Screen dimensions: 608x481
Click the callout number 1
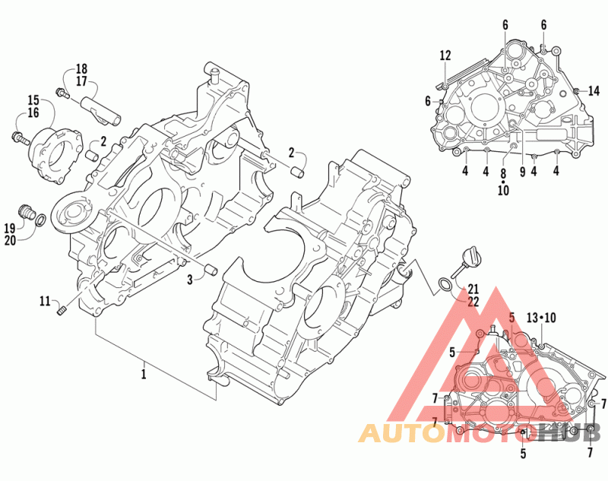[x=144, y=374]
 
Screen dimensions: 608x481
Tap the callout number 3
[x=190, y=280]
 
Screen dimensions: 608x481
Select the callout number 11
[x=46, y=301]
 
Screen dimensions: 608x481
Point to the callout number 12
[x=445, y=55]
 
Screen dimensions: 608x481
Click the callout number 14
[x=594, y=91]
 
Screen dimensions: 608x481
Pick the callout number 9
[x=522, y=171]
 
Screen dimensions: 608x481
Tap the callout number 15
[x=33, y=100]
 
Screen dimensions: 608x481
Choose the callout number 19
[x=10, y=228]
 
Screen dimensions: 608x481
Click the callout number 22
[x=473, y=302]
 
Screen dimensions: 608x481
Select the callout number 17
[x=81, y=82]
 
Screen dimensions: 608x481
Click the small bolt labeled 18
[x=62, y=92]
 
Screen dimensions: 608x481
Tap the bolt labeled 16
[x=21, y=138]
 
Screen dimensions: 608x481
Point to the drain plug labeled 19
[x=27, y=211]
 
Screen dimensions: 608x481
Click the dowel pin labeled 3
[x=211, y=270]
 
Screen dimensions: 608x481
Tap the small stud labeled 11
[x=62, y=311]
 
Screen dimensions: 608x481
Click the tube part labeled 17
[x=100, y=112]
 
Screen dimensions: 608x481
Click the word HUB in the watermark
[x=568, y=433]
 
